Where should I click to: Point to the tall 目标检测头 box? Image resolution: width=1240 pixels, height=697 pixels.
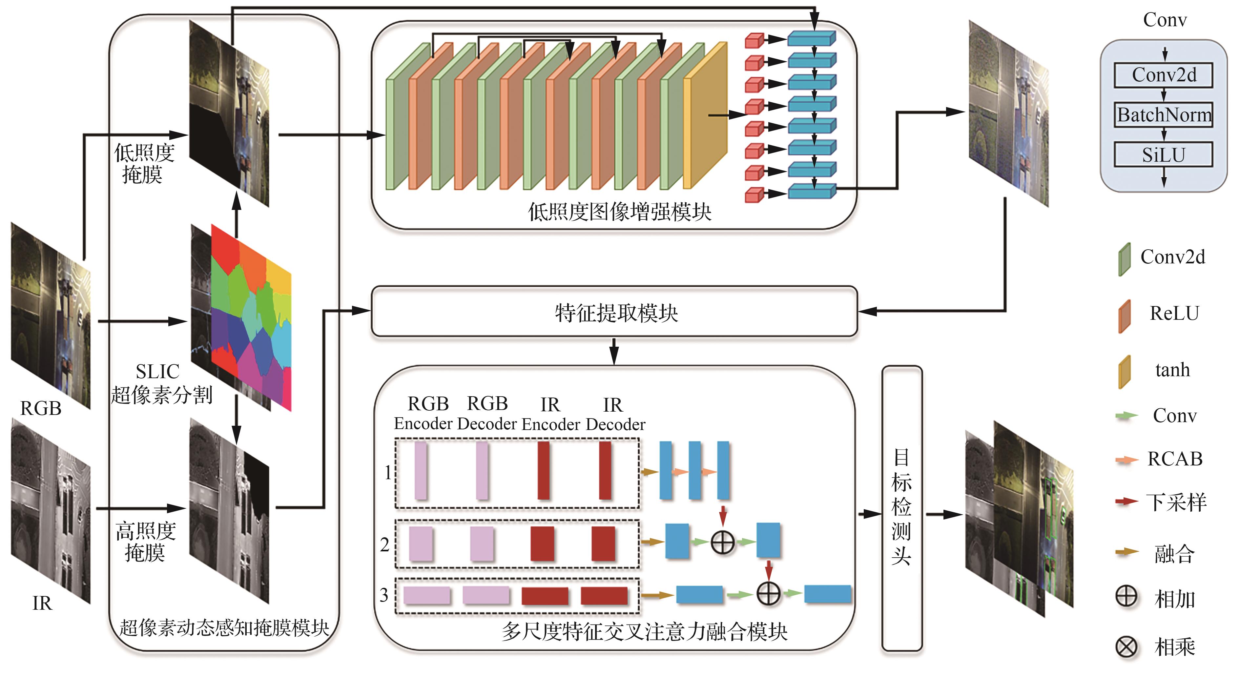pos(901,508)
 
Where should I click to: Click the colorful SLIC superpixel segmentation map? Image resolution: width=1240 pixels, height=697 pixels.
pos(251,318)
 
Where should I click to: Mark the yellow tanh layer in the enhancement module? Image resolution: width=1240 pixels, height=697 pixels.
pos(705,115)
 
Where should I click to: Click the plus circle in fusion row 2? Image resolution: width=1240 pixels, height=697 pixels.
pos(722,543)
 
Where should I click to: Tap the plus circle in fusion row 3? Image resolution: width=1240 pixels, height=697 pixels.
pos(768,593)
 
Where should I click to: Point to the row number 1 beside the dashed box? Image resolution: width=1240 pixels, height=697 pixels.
pos(387,473)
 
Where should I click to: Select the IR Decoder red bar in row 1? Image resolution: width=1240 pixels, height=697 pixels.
pos(605,471)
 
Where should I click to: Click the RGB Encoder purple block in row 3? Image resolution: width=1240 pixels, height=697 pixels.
pos(426,595)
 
